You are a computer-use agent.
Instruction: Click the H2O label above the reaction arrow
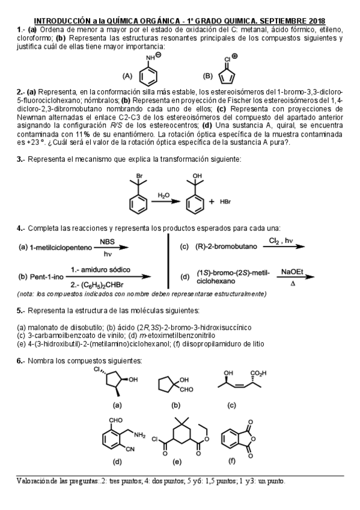pyautogui.click(x=164, y=195)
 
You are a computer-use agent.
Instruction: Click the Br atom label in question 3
pyautogui.click(x=139, y=177)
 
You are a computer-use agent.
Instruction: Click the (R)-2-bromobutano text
pyautogui.click(x=226, y=247)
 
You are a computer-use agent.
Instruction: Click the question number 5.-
pyautogui.click(x=20, y=311)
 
